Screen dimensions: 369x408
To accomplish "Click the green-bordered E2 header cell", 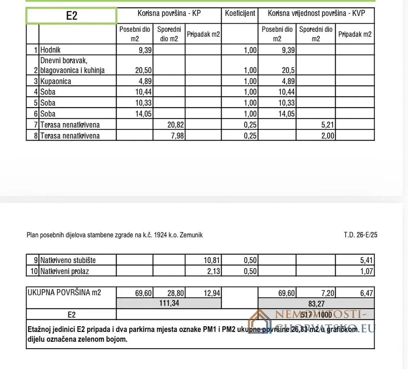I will coord(71,16).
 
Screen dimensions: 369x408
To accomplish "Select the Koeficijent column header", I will coord(240,13).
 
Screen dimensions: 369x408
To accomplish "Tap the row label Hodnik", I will coord(51,50).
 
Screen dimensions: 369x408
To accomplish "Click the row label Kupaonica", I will coord(55,81).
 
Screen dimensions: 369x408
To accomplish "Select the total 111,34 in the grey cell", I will coord(169,303).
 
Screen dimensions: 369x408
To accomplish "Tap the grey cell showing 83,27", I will coord(316,303).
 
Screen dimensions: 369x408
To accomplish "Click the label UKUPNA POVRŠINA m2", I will coord(64,292).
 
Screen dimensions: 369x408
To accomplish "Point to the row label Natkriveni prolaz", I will coord(64,271).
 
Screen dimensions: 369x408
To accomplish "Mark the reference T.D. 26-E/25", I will coord(360,235).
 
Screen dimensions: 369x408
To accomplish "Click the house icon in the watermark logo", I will coord(259,322).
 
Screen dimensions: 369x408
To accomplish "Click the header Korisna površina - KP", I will coord(169,13).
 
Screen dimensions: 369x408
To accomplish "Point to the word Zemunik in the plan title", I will coord(190,235).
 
